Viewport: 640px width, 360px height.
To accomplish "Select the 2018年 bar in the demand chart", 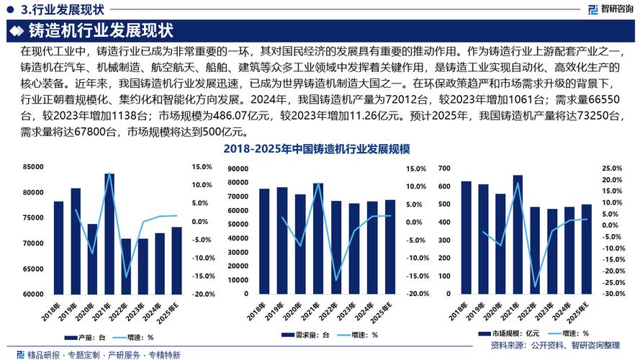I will (264, 241).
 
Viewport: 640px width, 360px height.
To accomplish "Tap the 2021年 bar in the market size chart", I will (518, 234).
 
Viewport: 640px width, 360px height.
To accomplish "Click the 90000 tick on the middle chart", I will (238, 168).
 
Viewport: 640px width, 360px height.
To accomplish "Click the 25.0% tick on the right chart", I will (611, 167).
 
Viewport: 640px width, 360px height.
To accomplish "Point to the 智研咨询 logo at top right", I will (608, 9).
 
